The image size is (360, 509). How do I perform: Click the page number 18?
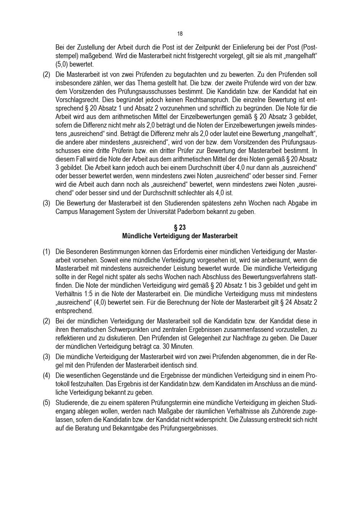point(180,34)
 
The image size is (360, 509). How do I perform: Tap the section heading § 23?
point(180,228)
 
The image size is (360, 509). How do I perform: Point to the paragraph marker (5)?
point(46,402)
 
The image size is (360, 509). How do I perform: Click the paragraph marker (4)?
point(46,375)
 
